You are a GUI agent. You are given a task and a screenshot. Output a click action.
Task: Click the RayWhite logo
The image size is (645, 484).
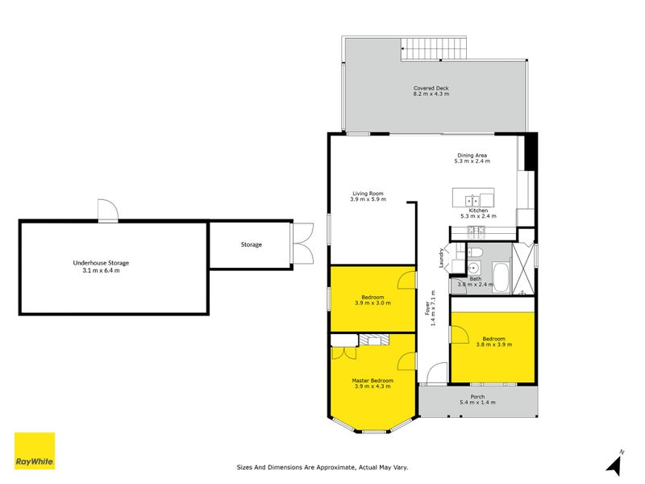pos(35,451)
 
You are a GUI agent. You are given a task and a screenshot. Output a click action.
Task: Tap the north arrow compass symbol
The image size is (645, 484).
pos(615,463)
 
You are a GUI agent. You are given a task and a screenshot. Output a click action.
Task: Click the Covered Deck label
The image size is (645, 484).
pos(431,91)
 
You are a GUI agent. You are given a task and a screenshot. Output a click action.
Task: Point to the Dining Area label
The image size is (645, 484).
pos(472,159)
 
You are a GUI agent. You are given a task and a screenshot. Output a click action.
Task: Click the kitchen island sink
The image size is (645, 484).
pos(471,200)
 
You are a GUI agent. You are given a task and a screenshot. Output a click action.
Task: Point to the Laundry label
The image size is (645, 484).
pos(441,257)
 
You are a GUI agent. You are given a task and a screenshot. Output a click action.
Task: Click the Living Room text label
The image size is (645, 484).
pos(368,196)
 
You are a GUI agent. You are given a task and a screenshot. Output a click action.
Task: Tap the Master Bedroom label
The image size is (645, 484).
pos(372,383)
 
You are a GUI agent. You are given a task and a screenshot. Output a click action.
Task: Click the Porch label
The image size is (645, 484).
pos(477,399)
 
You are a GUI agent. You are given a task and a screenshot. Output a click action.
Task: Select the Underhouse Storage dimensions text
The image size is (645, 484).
pos(102,270)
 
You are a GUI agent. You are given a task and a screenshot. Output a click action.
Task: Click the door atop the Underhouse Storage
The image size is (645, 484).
pos(108,211)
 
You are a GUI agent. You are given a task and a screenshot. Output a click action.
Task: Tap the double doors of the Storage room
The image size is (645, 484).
pos(302,244)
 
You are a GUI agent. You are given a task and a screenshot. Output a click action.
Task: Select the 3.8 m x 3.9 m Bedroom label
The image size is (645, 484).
pos(493,341)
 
